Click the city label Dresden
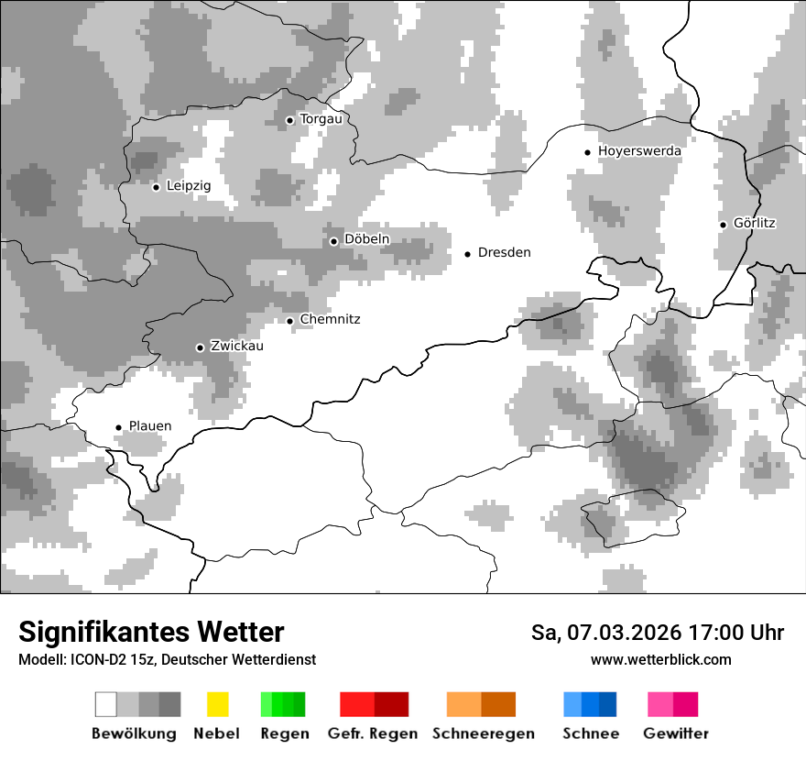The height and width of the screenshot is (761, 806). click(504, 253)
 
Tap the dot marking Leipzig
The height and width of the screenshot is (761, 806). click(156, 186)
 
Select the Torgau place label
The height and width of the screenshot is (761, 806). click(321, 119)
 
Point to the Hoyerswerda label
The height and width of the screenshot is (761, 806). click(639, 151)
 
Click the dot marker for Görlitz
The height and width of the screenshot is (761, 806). click(723, 224)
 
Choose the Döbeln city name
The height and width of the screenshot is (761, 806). click(366, 240)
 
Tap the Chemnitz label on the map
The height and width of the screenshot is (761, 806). click(330, 320)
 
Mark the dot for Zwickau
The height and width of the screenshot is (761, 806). click(200, 347)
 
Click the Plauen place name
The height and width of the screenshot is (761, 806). click(149, 426)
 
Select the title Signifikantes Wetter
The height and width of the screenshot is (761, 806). click(151, 632)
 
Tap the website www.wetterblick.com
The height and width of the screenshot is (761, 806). click(660, 660)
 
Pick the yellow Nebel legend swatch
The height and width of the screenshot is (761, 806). click(217, 704)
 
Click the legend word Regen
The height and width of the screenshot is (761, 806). click(284, 733)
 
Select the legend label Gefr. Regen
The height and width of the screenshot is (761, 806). click(373, 733)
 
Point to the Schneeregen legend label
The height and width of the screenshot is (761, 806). click(484, 733)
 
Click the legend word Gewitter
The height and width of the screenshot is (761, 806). click(676, 733)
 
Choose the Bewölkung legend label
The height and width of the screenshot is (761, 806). click(134, 733)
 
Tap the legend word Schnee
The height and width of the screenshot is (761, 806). click(590, 733)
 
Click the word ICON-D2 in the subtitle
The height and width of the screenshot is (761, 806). click(93, 660)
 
